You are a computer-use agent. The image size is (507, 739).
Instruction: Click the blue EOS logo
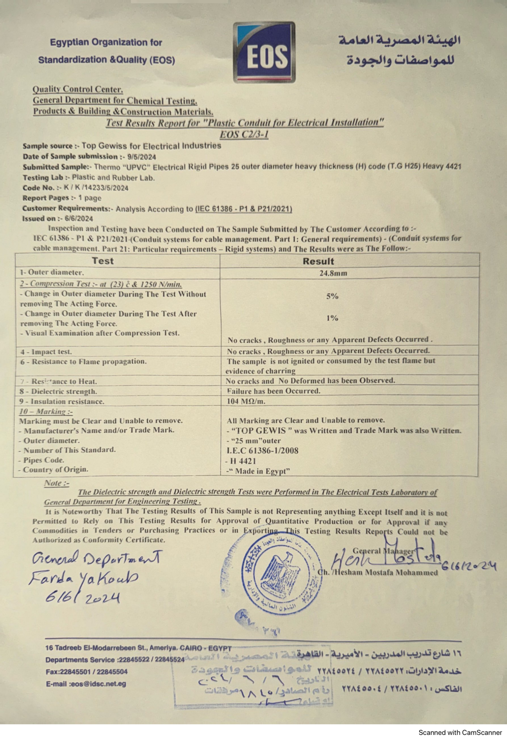coord(264,52)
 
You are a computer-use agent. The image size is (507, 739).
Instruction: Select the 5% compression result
coord(332,296)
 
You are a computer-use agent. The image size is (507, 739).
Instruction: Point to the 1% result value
coord(332,318)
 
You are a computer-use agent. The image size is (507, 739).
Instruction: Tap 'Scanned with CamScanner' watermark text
coord(460,732)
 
